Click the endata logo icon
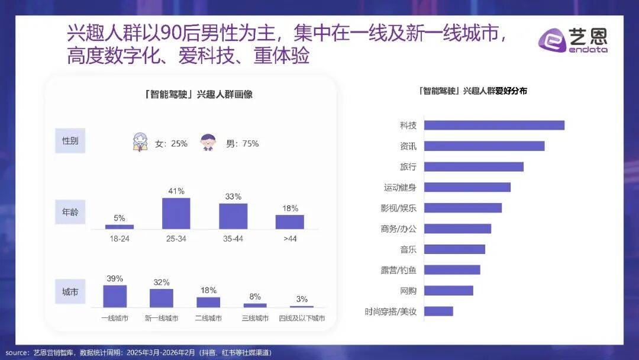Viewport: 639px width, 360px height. tap(552, 41)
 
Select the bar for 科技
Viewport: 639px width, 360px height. tap(494, 125)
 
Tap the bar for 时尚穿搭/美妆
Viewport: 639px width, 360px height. tap(438, 311)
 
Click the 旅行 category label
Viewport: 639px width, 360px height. tap(408, 166)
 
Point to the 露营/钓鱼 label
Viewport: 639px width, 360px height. tap(398, 269)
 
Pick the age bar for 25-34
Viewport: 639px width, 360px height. tap(176, 213)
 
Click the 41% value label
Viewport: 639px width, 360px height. tap(176, 191)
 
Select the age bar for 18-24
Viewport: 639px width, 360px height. tap(120, 226)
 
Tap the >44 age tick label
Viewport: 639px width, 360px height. tap(289, 238)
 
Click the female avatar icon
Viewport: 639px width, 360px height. tap(140, 143)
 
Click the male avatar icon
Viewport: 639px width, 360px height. tap(208, 143)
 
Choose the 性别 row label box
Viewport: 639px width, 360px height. tap(70, 141)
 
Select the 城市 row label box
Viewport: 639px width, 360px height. tap(70, 292)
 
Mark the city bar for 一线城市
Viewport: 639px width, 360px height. tap(115, 296)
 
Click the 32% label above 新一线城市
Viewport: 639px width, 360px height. tap(162, 282)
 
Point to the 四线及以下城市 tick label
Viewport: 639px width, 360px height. tap(301, 319)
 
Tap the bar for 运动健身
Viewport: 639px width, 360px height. tap(467, 187)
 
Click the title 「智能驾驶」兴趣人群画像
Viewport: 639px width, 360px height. tap(198, 94)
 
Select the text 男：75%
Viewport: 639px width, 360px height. tap(242, 143)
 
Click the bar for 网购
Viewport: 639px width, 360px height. tap(448, 290)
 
